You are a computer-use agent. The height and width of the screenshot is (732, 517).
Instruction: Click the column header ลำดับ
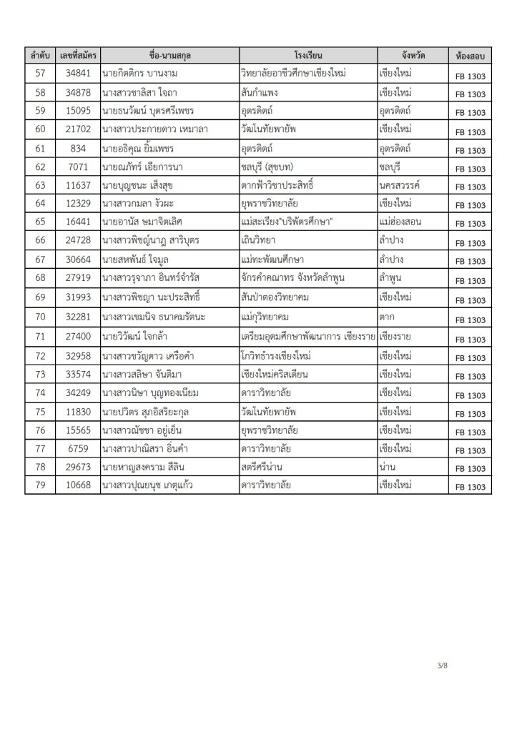pos(39,54)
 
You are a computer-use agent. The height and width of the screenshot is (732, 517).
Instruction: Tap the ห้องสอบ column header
pos(468,54)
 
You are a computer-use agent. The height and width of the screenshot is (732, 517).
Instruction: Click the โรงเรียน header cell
pos(308,54)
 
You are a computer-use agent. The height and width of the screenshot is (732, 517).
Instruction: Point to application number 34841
pos(77,73)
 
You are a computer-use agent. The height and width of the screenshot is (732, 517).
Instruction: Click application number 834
pos(77,148)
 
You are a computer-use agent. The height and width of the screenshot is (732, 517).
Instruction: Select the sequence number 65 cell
pos(39,222)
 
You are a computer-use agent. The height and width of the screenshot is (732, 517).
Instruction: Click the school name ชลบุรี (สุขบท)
pos(274,167)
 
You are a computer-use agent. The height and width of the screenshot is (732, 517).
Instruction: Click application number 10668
pos(77,485)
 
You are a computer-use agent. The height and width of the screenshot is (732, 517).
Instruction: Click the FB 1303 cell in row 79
pos(468,486)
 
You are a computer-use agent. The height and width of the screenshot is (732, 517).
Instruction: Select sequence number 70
pos(39,316)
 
